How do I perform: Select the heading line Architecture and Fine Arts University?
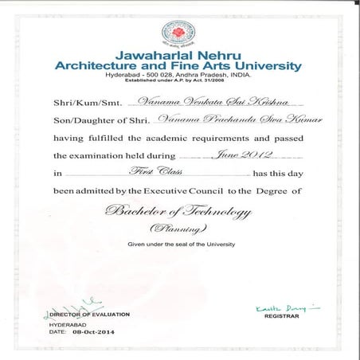click(x=179, y=66)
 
